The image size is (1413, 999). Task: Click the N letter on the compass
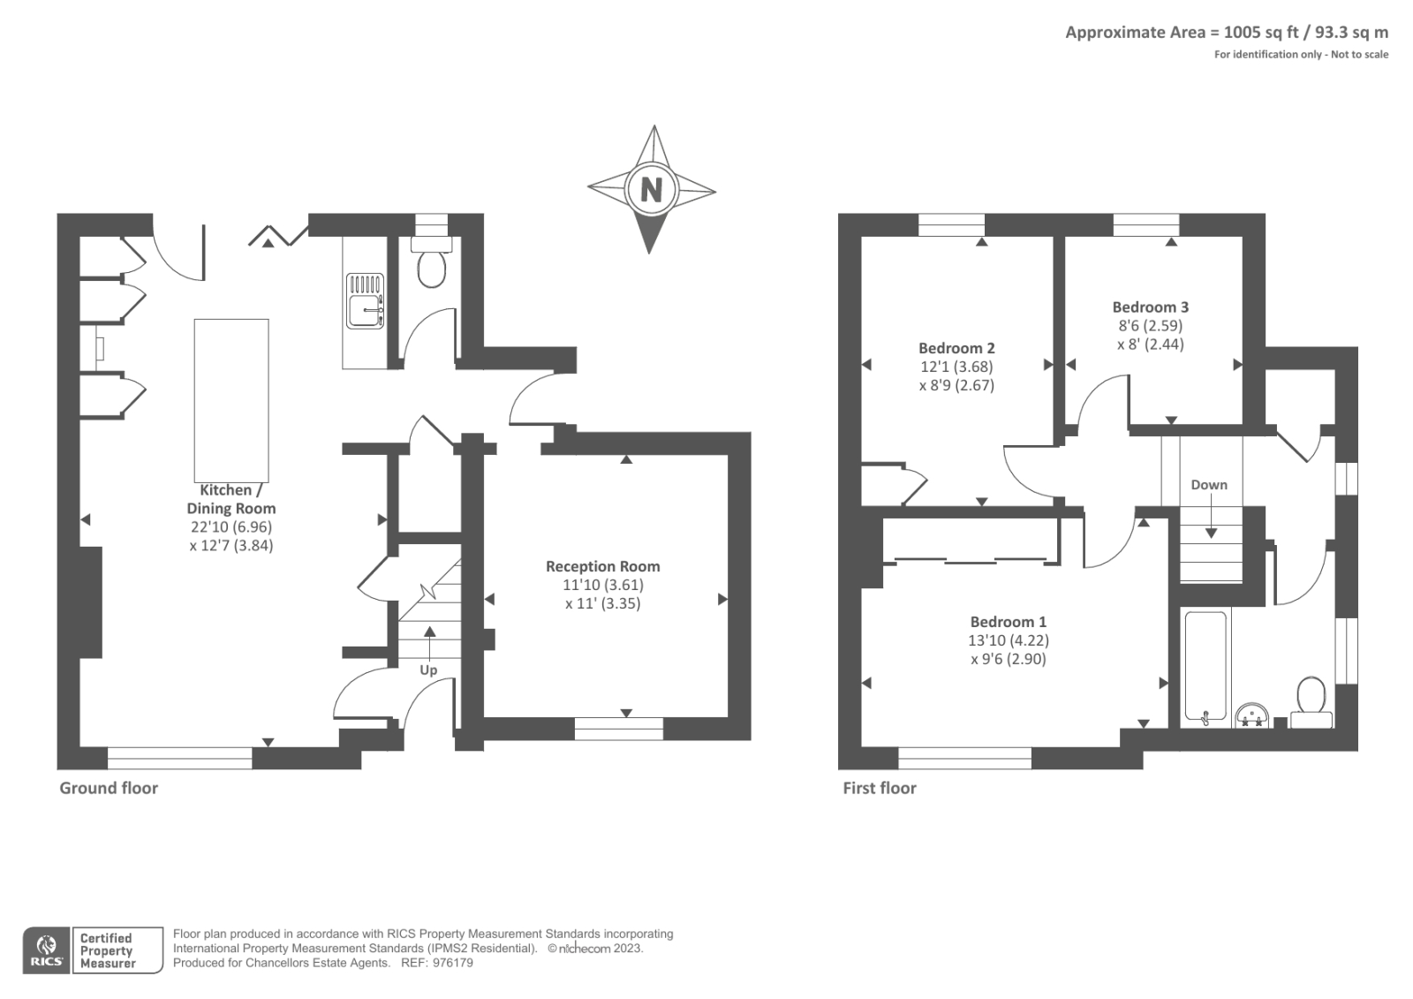(651, 189)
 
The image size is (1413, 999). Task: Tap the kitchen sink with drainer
(365, 300)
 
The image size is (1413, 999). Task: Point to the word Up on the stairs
(428, 670)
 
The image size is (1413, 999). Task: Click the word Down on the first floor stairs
(1209, 485)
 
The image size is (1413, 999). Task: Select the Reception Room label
(602, 566)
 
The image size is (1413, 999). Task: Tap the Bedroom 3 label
(1150, 307)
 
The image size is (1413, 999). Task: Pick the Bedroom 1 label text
(1008, 622)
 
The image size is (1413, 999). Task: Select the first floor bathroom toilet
(1311, 700)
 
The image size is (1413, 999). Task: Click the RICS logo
(46, 950)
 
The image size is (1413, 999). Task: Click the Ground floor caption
(109, 788)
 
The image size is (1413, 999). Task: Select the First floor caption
(880, 788)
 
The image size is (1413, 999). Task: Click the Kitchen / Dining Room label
(231, 499)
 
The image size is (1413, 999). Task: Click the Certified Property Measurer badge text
(108, 950)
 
